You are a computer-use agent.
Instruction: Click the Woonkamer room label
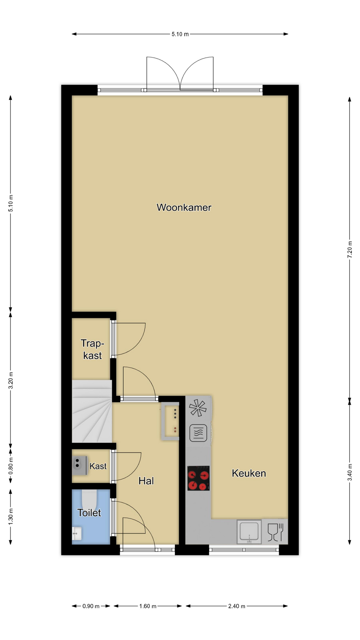pyautogui.click(x=184, y=207)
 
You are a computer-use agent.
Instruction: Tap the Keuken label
pyautogui.click(x=249, y=473)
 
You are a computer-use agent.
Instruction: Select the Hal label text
pyautogui.click(x=146, y=481)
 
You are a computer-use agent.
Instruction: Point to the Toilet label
pyautogui.click(x=89, y=513)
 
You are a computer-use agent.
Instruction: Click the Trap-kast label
pyautogui.click(x=92, y=349)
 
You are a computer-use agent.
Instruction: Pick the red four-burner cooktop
pyautogui.click(x=199, y=478)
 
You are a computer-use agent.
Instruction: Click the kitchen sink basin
pyautogui.click(x=249, y=532)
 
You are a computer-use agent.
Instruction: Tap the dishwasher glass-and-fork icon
pyautogui.click(x=275, y=532)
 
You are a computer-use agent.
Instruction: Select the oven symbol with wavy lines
pyautogui.click(x=198, y=433)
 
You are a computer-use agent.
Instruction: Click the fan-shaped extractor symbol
pyautogui.click(x=198, y=408)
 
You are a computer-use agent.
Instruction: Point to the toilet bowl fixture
pyautogui.click(x=89, y=498)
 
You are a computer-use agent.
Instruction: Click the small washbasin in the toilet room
pyautogui.click(x=77, y=533)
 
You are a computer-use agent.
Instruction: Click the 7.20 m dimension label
pyautogui.click(x=350, y=249)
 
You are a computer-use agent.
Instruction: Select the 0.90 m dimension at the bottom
pyautogui.click(x=91, y=606)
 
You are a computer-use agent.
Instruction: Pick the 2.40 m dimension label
pyautogui.click(x=237, y=606)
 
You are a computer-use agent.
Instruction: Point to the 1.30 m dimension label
pyautogui.click(x=11, y=516)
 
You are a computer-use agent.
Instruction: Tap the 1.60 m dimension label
pyautogui.click(x=148, y=606)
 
